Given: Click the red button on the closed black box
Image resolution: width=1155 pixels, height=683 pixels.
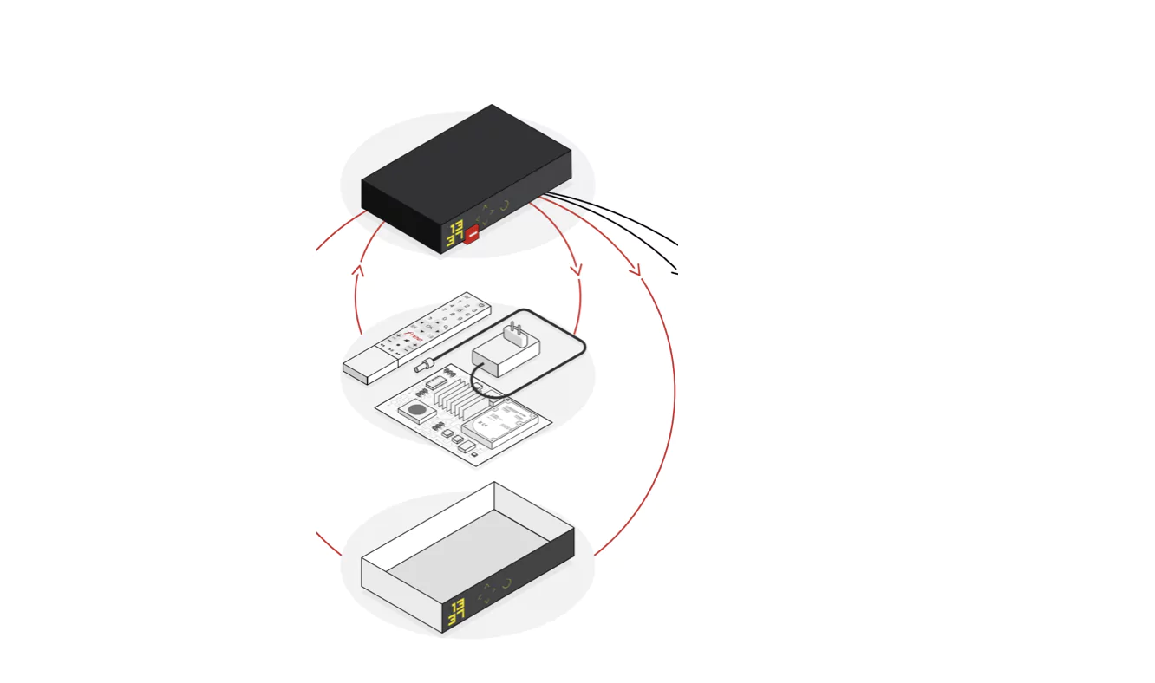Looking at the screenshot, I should coord(472,234).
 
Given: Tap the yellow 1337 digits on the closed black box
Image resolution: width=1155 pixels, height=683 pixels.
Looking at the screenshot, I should coord(455,234).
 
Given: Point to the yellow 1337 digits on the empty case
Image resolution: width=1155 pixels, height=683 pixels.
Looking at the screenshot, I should coord(456,612).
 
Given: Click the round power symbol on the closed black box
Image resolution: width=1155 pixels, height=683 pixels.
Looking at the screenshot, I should coord(504,206).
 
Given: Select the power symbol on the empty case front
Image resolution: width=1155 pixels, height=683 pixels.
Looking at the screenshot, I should coord(506,582).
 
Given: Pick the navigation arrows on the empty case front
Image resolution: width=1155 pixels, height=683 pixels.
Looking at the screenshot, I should coord(486,591).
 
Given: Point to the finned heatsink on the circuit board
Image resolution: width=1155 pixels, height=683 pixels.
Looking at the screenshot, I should coord(459,398).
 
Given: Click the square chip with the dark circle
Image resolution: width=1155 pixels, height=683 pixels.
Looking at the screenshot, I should coord(417,410).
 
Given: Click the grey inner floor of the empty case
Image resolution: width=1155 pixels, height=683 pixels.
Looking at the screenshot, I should coord(468,550).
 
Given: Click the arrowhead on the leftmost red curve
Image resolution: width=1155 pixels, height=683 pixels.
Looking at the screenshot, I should coord(358,270).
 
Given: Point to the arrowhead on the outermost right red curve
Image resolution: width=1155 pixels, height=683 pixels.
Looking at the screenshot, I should coord(636,271).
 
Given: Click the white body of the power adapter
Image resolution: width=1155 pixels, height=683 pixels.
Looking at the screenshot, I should coord(506,355).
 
